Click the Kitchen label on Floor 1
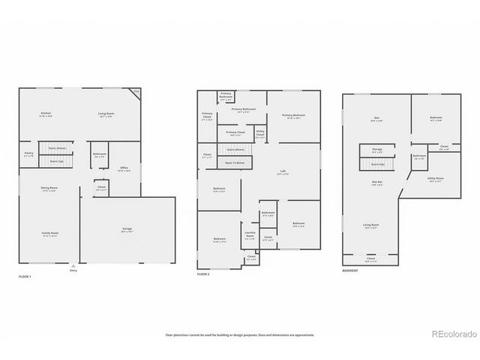[45, 115]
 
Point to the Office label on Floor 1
[124, 169]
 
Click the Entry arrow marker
[73, 265]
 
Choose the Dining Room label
[49, 188]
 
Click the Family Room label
[49, 234]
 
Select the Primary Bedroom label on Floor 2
[292, 116]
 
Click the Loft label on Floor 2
[283, 172]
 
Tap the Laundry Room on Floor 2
[250, 236]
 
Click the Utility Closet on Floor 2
[260, 136]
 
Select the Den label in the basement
[376, 118]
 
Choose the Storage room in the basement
[376, 151]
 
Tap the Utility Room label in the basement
[436, 179]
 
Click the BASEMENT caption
[351, 271]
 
